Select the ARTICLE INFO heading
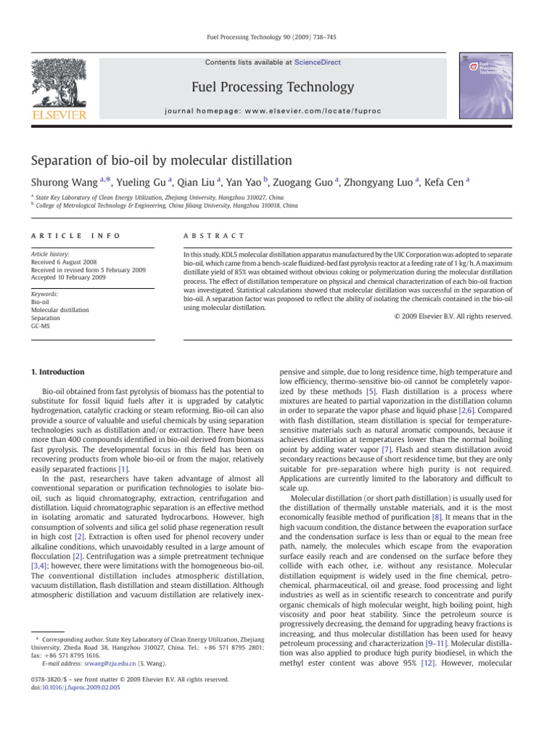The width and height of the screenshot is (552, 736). [x=66, y=236]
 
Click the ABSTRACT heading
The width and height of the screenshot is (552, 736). [x=215, y=236]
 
